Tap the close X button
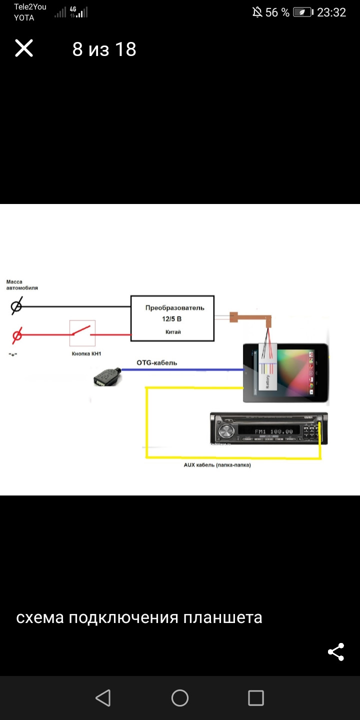24,48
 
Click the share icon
335,652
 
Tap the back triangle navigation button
103,698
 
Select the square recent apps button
256,698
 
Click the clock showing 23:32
331,12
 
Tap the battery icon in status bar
303,12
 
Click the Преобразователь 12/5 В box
173,318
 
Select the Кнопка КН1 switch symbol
82,333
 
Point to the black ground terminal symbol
16,306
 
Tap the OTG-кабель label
157,362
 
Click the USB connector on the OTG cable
106,376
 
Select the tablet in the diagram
285,372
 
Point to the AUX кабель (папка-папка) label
217,465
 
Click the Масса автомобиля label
22,285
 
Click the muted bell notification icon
257,12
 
